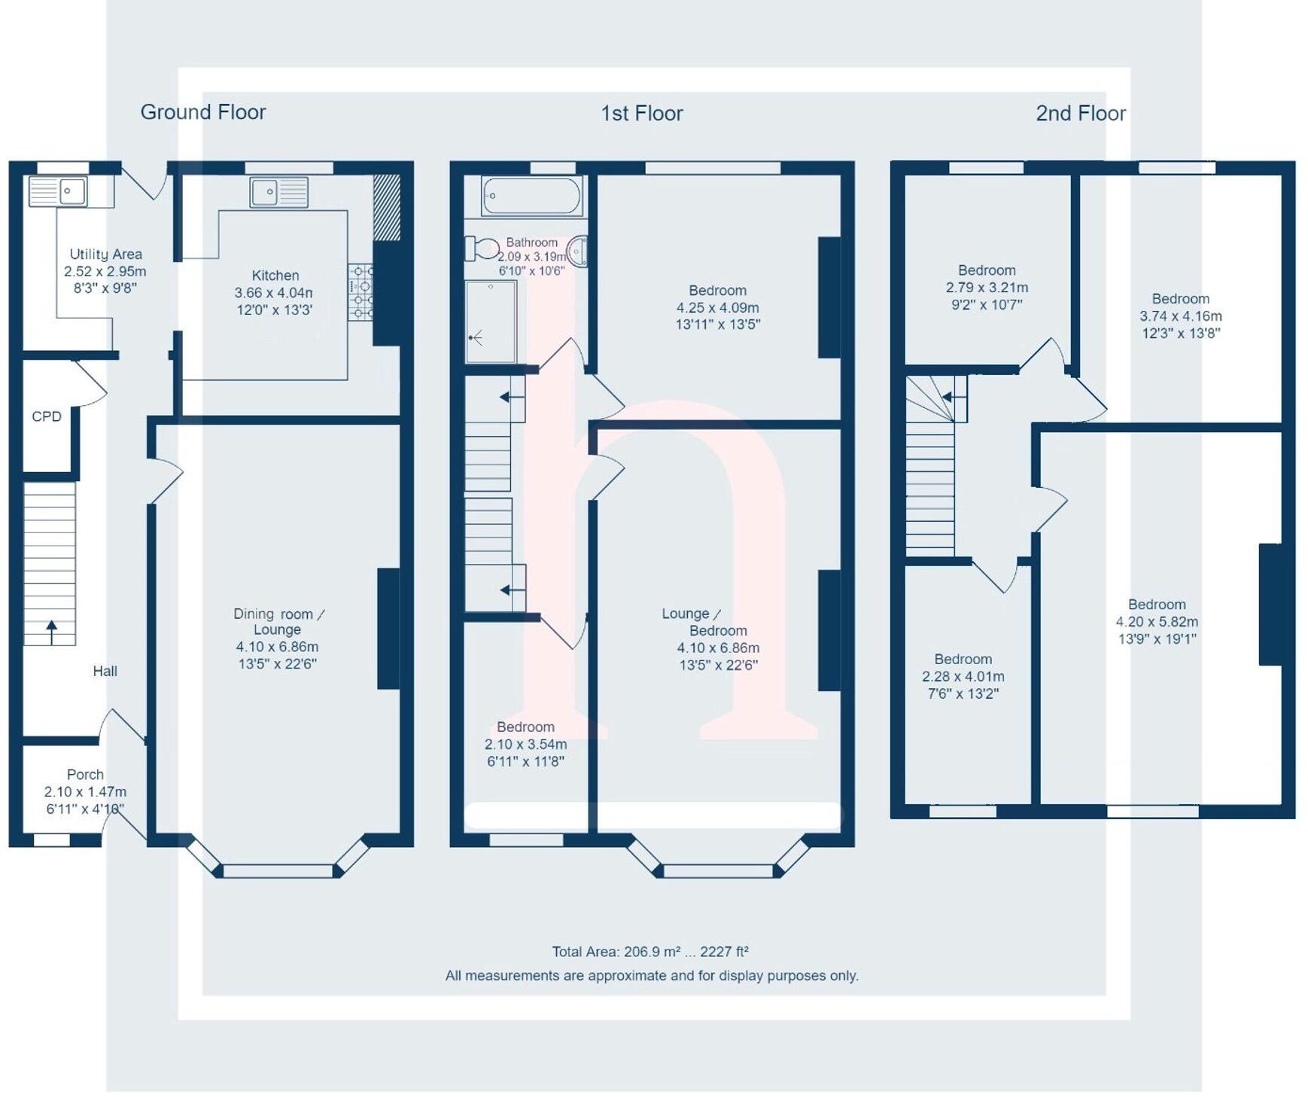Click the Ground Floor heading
pos(203,112)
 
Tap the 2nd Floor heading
pos(1080,113)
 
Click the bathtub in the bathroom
pos(531,197)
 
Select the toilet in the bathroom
pos(481,248)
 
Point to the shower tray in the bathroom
pos(491,321)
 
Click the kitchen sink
pos(278,192)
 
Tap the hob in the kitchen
pos(360,292)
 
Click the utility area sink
pos(58,191)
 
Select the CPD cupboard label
pos(47,416)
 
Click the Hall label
pos(105,671)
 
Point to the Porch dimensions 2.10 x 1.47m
pos(85,792)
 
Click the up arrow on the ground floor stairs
pos(51,631)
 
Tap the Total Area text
pos(649,952)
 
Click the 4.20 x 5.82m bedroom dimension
pos(1156,622)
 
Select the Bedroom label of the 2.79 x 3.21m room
pos(986,270)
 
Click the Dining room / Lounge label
pos(278,622)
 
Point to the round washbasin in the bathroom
pos(577,251)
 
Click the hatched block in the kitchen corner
pos(387,208)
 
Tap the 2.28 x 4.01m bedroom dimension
pos(963,677)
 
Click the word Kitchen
pos(275,276)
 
